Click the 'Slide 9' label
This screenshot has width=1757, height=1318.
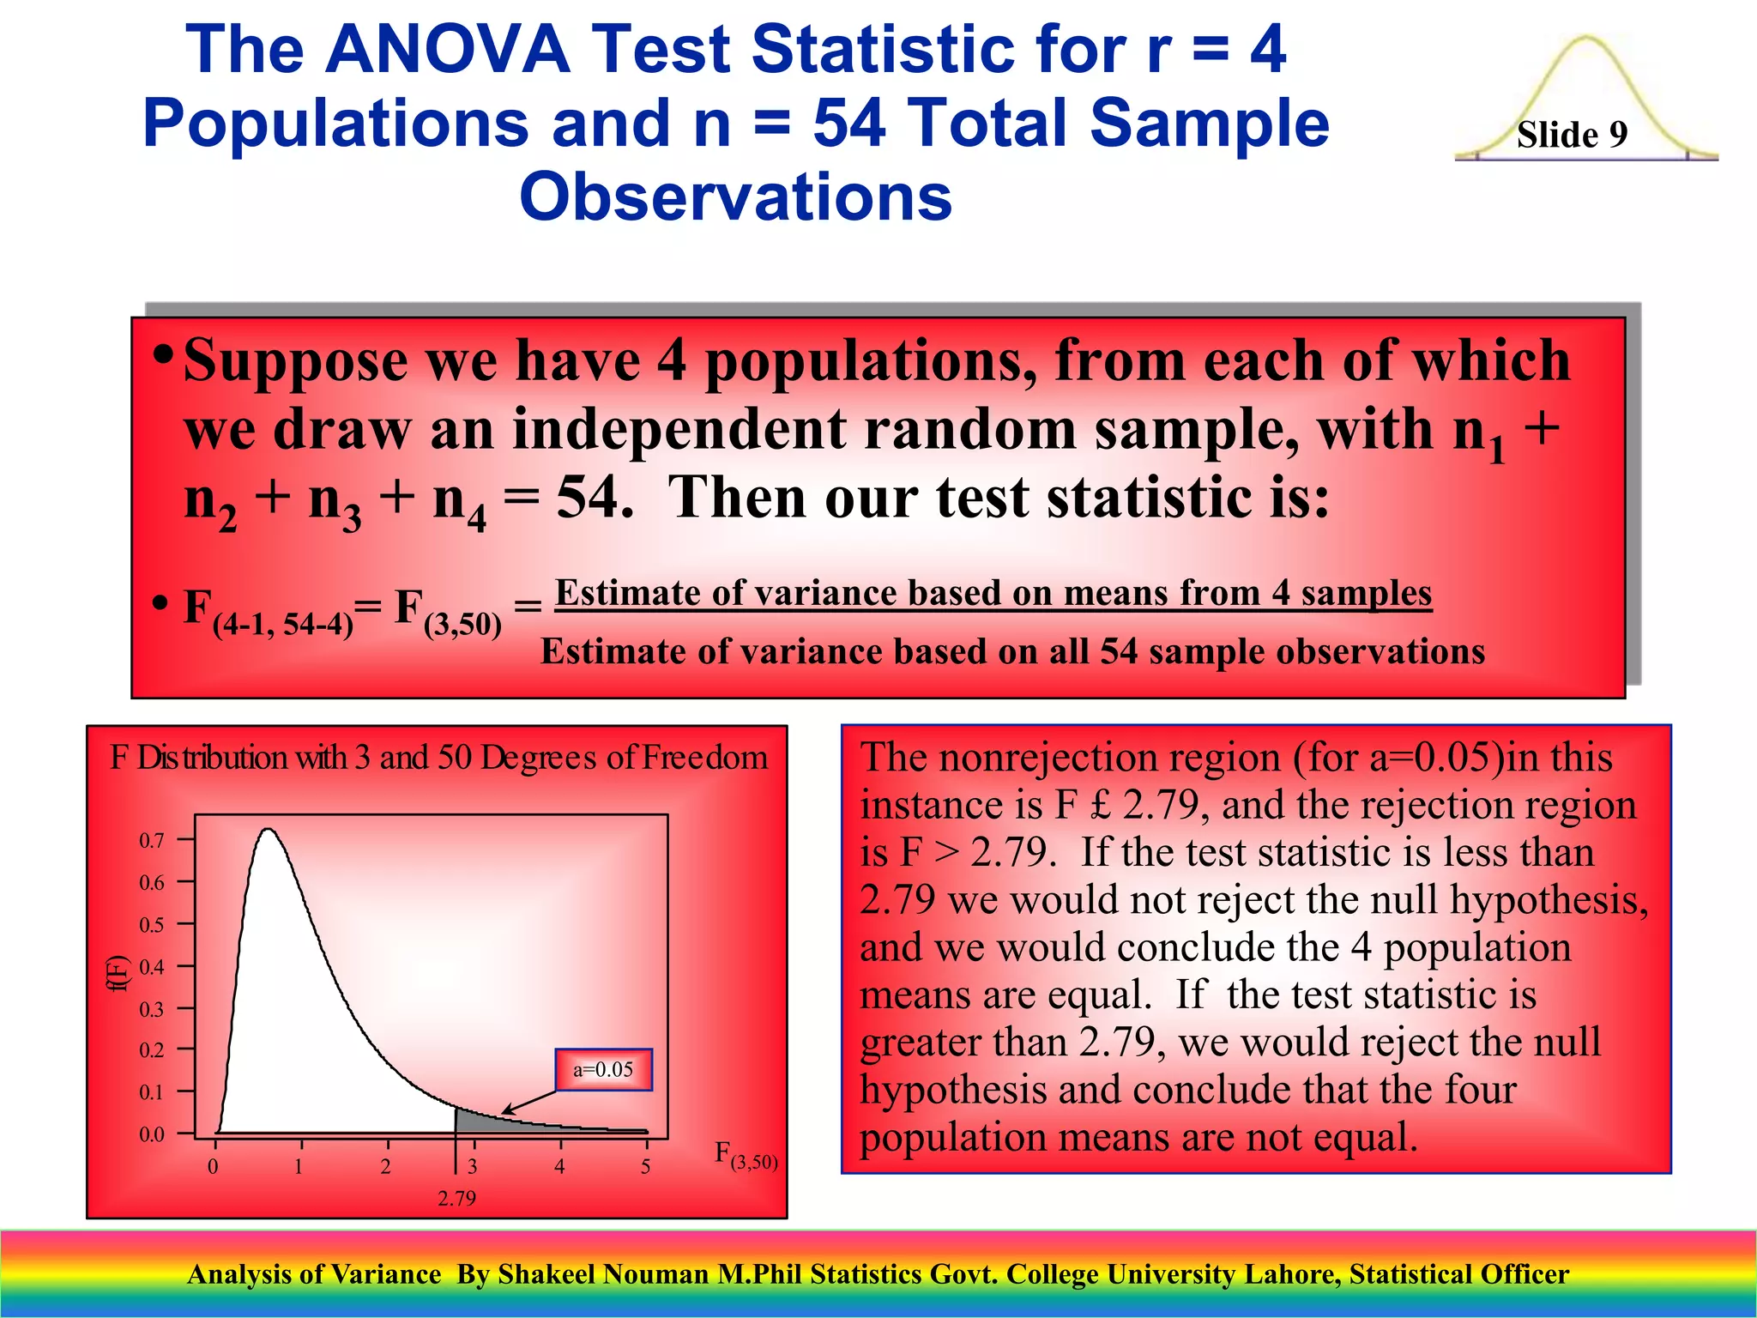click(1572, 135)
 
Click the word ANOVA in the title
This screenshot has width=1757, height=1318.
click(448, 49)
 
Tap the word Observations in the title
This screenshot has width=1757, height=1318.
click(735, 196)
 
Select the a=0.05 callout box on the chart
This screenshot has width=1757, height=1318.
click(603, 1069)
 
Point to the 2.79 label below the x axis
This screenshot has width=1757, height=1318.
click(456, 1198)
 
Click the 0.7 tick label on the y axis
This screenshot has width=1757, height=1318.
click(152, 841)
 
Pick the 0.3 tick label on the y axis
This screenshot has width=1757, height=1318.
click(152, 1009)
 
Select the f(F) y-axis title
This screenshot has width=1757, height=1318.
click(118, 973)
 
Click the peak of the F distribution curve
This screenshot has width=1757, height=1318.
click(269, 830)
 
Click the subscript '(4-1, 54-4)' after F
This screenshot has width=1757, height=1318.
click(283, 625)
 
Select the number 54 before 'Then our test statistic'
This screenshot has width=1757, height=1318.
click(588, 497)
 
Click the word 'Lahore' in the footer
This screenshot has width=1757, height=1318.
click(1292, 1274)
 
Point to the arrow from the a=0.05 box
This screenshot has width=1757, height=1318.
click(530, 1101)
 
